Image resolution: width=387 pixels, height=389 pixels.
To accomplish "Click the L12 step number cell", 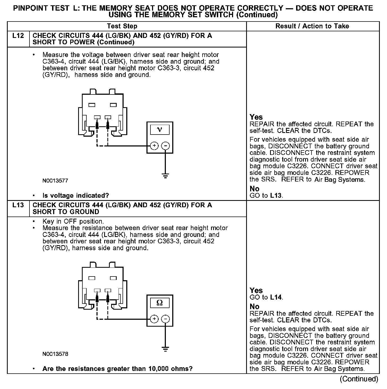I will coord(18,36).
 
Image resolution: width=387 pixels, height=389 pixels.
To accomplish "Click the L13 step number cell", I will coord(18,205).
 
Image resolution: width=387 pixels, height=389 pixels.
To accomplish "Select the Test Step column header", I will coord(122,26).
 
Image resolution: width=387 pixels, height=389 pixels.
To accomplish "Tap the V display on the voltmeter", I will coord(160,129).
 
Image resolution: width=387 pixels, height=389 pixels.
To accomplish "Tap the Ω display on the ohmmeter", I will coord(160,303).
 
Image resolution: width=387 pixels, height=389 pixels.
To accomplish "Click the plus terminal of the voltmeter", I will coord(154,146).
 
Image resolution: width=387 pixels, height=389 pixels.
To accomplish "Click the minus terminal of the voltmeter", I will coord(165,146).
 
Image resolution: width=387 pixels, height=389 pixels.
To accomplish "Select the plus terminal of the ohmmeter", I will coord(154,319).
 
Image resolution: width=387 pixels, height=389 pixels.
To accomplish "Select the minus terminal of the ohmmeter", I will coord(165,319).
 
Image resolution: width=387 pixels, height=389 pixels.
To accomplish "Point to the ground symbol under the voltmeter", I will coord(165,176).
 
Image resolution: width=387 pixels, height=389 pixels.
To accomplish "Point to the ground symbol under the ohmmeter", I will coord(165,349).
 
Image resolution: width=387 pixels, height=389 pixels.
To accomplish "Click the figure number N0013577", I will coord(55,181).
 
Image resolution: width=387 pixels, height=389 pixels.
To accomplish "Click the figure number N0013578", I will coord(55,354).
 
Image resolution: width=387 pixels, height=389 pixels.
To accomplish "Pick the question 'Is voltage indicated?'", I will coord(76,196).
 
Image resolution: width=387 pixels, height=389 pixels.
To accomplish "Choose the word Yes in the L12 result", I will coord(256,117).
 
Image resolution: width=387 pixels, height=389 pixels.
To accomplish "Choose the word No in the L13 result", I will coord(254,306).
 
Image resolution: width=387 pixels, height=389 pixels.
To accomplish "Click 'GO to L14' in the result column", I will coord(266,297).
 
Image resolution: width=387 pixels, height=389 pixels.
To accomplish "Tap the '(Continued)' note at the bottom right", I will coord(359,379).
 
